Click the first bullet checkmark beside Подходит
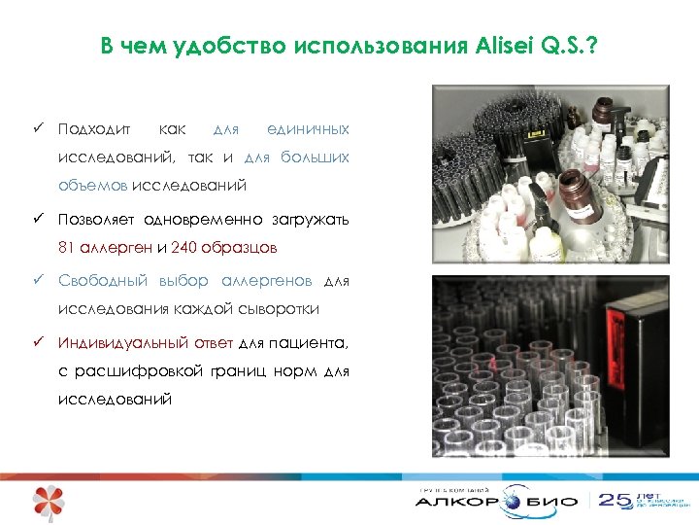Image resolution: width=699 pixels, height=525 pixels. (36, 129)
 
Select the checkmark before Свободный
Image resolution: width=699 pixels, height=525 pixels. (36, 281)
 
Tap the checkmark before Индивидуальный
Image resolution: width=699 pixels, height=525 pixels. (36, 343)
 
